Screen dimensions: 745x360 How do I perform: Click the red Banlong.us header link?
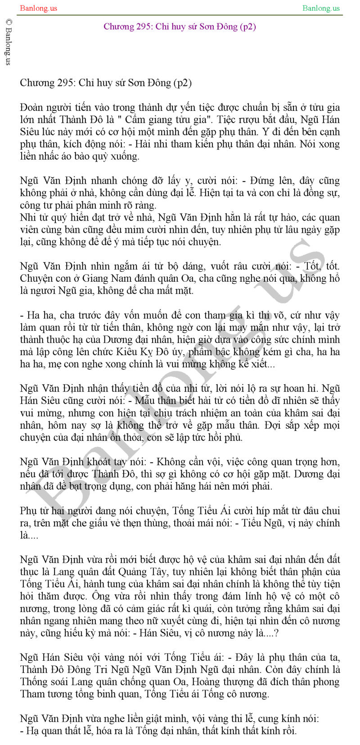click(x=38, y=8)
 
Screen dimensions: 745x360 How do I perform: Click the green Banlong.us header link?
click(x=321, y=8)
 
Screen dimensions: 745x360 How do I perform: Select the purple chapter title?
click(x=180, y=26)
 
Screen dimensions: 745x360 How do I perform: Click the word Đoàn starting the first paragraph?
click(x=32, y=108)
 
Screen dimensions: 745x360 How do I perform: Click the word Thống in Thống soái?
click(x=33, y=682)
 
